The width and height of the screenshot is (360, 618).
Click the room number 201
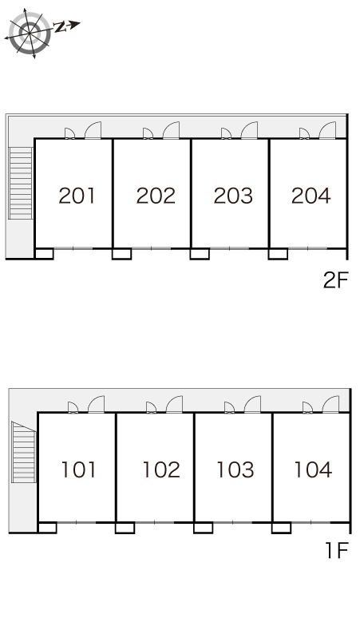pyautogui.click(x=77, y=196)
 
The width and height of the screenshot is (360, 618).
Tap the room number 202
pyautogui.click(x=156, y=196)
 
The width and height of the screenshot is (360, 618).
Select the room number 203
pyautogui.click(x=233, y=196)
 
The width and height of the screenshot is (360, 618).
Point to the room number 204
pyautogui.click(x=311, y=196)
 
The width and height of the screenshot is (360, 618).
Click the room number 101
pyautogui.click(x=78, y=469)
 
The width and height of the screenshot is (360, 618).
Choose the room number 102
pyautogui.click(x=161, y=469)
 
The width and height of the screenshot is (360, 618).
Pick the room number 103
pyautogui.click(x=235, y=469)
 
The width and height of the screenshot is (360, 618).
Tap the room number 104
pyautogui.click(x=313, y=469)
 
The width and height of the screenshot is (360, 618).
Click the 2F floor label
pyautogui.click(x=335, y=279)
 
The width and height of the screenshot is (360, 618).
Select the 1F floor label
pyautogui.click(x=337, y=550)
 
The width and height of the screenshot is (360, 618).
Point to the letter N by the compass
pyautogui.click(x=60, y=27)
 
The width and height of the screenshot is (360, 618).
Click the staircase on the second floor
pyautogui.click(x=21, y=183)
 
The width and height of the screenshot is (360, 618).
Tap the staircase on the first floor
pyautogui.click(x=24, y=453)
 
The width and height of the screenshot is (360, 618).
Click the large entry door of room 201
pyautogui.click(x=93, y=130)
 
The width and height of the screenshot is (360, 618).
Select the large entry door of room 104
pyautogui.click(x=330, y=404)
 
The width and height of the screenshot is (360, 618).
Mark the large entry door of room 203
pyautogui.click(x=249, y=130)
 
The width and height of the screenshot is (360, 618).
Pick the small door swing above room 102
pyautogui.click(x=151, y=407)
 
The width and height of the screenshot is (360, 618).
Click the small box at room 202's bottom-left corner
pyautogui.click(x=121, y=253)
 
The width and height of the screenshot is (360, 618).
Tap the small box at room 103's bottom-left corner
pyautogui.click(x=204, y=527)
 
